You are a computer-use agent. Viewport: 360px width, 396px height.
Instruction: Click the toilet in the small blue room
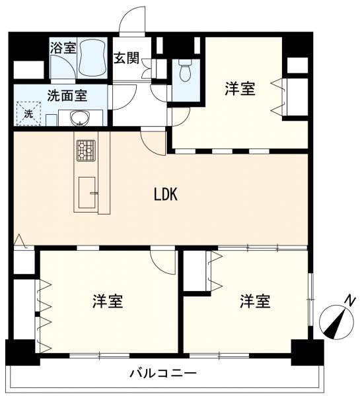(186, 71)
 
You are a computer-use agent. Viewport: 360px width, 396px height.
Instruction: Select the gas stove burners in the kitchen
(86, 150)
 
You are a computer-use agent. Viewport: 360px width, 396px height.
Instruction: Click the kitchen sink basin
(87, 193)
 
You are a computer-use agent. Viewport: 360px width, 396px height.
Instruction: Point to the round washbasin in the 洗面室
(81, 118)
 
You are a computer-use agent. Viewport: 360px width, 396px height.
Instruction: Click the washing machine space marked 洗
(28, 114)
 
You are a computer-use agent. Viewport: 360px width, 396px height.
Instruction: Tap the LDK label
(166, 195)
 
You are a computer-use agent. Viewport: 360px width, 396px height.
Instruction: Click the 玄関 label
(126, 58)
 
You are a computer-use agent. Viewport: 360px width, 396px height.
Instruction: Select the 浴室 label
(63, 48)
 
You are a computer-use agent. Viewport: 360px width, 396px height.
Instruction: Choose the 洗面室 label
(67, 96)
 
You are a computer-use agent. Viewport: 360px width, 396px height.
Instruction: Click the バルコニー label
(163, 373)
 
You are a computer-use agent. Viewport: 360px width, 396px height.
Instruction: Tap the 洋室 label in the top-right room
(240, 88)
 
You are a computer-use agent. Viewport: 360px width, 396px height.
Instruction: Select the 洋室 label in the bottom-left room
(108, 301)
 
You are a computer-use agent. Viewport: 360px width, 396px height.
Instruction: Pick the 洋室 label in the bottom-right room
(255, 301)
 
